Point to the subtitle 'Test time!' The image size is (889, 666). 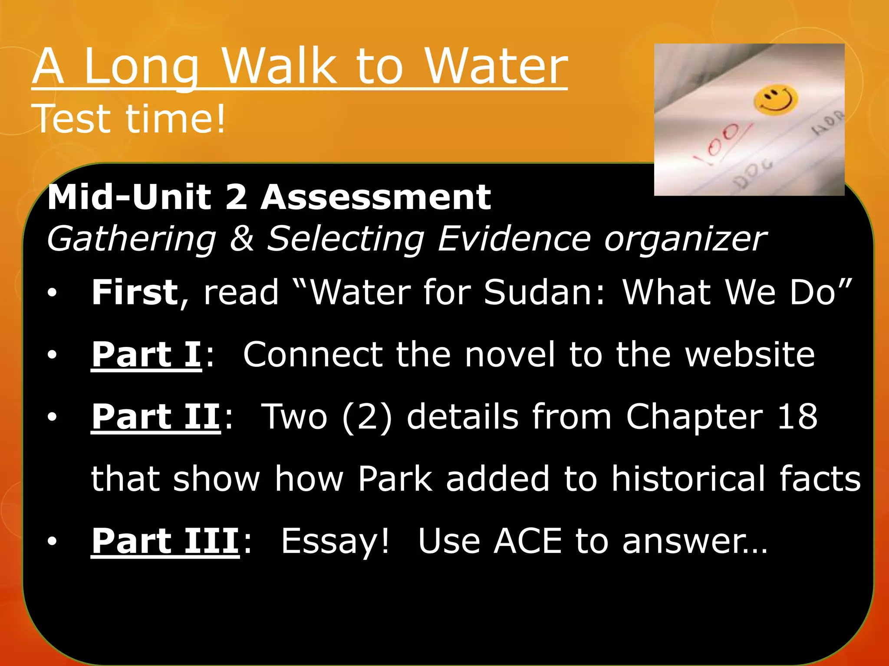pos(129,118)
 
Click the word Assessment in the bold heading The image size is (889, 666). pos(375,197)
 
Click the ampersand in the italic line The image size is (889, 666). pos(241,238)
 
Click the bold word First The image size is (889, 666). pos(135,292)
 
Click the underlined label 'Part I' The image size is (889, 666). pos(146,354)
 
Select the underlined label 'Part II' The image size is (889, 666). pos(156,417)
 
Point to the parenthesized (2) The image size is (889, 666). pos(367,417)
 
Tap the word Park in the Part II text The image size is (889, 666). pos(395,479)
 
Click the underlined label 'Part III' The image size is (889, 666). pos(165,541)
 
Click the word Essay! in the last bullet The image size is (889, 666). pos(335,542)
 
